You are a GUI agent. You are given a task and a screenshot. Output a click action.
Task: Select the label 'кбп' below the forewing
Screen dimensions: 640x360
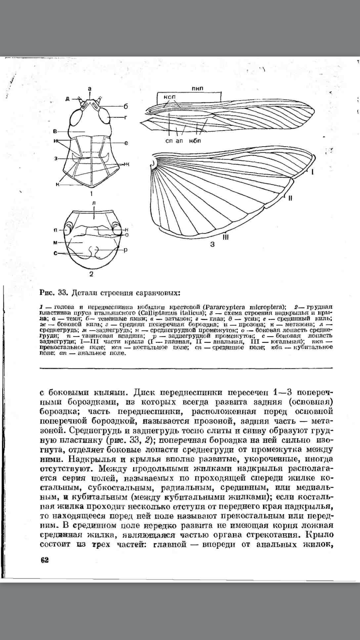tap(194, 140)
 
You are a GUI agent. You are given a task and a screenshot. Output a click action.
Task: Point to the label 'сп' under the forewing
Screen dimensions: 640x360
tap(169, 140)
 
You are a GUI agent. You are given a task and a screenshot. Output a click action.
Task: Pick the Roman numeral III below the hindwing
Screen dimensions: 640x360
tap(226, 237)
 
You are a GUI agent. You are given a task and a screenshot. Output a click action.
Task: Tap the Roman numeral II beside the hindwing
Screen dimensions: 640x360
tap(290, 198)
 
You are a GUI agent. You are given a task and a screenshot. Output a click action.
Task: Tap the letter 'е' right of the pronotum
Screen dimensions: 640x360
tap(126, 143)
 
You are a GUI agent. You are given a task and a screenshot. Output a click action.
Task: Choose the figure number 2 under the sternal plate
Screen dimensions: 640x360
tap(91, 274)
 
